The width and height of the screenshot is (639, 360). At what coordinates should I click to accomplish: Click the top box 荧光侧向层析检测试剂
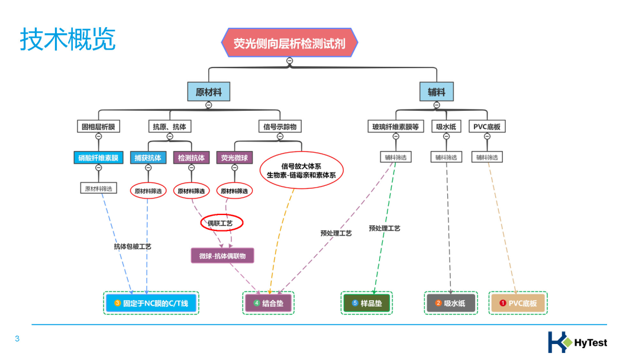point(289,43)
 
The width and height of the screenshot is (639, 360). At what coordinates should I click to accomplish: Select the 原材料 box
point(208,92)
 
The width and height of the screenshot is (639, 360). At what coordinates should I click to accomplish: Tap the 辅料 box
point(437,92)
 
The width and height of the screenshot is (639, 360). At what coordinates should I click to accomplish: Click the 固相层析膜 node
point(99,126)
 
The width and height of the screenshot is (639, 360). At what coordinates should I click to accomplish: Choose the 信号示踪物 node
point(280,126)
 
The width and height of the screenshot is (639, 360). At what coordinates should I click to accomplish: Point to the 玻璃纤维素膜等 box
point(395,126)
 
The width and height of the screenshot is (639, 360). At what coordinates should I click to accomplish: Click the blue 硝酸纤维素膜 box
point(99,158)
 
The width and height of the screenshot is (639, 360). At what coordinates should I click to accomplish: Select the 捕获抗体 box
point(148,158)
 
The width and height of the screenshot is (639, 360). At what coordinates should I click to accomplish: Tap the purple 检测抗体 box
point(191,158)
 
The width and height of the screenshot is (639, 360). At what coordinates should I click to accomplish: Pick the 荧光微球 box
point(234,158)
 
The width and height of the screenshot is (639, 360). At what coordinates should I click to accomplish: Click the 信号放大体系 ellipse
point(301,171)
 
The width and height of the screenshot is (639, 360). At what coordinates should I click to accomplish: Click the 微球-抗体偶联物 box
point(222,256)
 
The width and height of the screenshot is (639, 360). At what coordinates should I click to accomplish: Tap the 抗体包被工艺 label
point(133,246)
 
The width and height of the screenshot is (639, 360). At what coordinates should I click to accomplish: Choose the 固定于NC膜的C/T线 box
point(151,303)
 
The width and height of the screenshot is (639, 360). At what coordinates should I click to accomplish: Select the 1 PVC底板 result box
point(518,303)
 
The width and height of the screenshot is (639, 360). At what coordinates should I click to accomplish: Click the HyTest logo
point(577,342)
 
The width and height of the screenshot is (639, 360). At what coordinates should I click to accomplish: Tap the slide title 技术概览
point(68,40)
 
